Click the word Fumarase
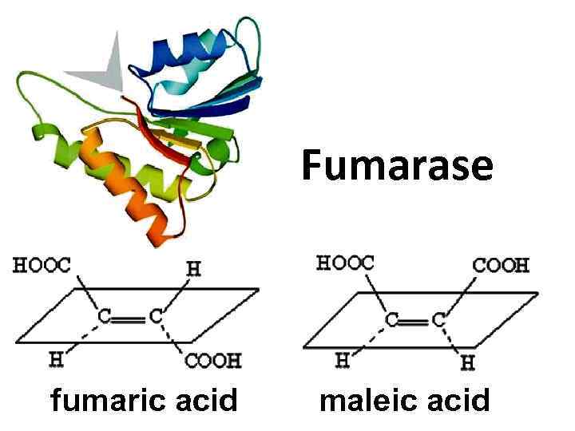(x=397, y=167)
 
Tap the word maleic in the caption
(x=362, y=399)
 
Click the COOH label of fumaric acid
(x=212, y=361)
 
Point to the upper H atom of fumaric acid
(x=193, y=269)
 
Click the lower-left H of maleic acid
(x=342, y=360)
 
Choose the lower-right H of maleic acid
(x=468, y=363)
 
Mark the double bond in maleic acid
(x=416, y=319)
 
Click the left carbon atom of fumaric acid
(x=105, y=317)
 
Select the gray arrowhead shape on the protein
(x=104, y=68)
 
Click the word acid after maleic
(x=454, y=399)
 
